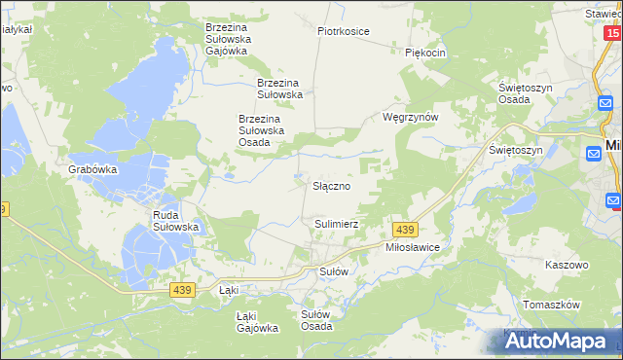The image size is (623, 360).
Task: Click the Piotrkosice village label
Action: click(344, 31)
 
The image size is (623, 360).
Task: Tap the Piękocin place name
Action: click(425, 53)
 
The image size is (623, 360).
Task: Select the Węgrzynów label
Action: click(411, 117)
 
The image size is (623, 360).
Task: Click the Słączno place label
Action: click(331, 184)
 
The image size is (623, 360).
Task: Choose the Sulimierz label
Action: click(337, 224)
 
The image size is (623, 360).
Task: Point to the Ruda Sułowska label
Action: click(176, 221)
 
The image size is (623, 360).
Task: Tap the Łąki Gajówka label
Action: click(258, 322)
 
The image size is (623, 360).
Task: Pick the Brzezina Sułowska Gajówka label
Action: click(229, 38)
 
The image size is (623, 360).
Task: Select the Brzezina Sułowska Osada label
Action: click(261, 130)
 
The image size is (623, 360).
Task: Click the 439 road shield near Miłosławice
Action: click(406, 229)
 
